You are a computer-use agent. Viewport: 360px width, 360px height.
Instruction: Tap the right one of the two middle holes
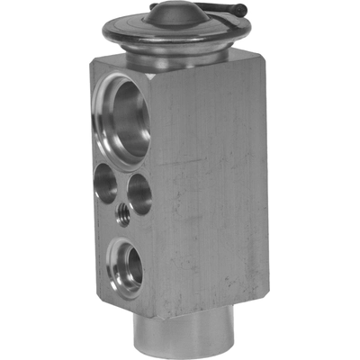(139, 194)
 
